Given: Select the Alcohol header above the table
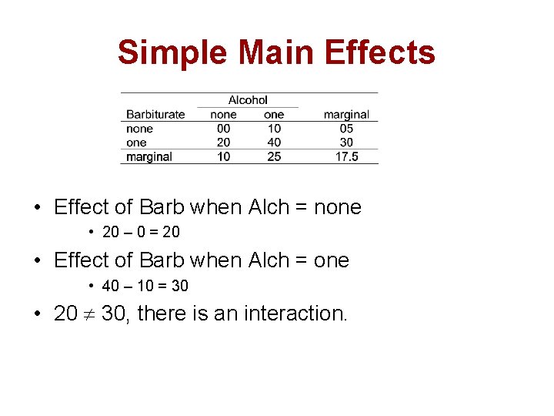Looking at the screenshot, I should tap(248, 99).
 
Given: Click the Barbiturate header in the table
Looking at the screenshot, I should tap(155, 114).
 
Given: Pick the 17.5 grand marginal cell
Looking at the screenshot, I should tap(346, 156).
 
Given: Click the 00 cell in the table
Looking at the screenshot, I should tap(223, 129).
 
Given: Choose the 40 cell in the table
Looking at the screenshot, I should tap(274, 143).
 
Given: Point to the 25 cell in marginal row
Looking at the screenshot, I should tap(274, 156).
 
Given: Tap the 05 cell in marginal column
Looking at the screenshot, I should tap(346, 129).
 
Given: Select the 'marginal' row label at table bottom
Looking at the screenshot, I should tap(149, 156).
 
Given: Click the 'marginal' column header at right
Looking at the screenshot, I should tap(346, 114).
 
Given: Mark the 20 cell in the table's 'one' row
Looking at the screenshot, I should tap(223, 143).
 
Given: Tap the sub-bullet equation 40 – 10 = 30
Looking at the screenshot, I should tap(145, 286).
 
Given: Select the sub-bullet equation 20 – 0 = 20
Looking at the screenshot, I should tap(141, 232).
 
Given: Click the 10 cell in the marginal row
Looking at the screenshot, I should tap(223, 156).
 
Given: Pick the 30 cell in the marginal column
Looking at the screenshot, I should tap(346, 143).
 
